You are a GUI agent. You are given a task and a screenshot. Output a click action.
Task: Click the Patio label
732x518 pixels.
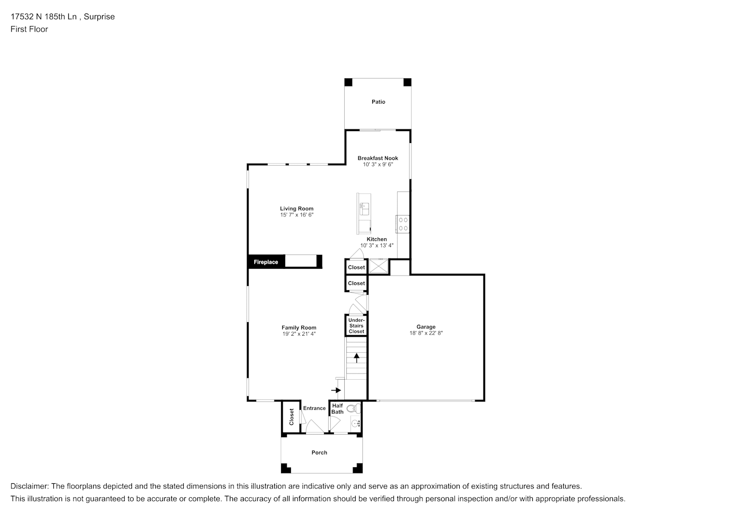click(x=378, y=102)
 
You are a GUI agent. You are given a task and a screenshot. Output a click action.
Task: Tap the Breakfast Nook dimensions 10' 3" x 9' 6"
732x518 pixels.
click(x=378, y=164)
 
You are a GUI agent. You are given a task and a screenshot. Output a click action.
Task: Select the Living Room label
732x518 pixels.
click(x=297, y=208)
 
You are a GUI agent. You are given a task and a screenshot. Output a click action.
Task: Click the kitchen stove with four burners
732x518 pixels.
click(x=403, y=224)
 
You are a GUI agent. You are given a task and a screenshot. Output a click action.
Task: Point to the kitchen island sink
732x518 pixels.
click(x=364, y=209)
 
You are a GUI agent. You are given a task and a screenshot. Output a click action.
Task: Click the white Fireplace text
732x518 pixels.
click(x=266, y=262)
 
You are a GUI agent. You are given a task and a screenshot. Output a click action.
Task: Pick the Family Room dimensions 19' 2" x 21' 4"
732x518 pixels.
click(x=299, y=334)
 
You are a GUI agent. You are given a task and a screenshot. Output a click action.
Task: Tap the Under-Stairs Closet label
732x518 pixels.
click(x=356, y=326)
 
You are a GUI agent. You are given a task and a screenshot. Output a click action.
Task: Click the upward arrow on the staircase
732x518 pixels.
click(x=356, y=358)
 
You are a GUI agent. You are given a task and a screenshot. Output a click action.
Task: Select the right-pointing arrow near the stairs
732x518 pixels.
click(x=336, y=390)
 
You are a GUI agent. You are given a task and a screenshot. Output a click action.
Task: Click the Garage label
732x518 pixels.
click(x=426, y=327)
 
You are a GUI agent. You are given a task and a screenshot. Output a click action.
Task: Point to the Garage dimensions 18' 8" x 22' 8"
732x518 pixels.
click(x=426, y=333)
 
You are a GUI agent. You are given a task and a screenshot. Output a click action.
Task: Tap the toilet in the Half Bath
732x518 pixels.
click(x=354, y=409)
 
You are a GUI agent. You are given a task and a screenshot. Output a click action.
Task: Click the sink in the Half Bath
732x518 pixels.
click(x=355, y=424)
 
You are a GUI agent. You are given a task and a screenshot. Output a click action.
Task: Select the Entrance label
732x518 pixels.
click(x=314, y=408)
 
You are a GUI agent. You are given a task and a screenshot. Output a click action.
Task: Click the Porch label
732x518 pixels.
click(x=319, y=452)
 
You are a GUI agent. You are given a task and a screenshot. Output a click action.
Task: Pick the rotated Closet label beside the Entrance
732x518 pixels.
click(x=291, y=417)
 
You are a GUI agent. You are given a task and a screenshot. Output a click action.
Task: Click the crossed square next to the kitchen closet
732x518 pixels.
click(x=378, y=266)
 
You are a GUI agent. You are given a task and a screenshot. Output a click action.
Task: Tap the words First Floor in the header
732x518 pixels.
click(x=29, y=29)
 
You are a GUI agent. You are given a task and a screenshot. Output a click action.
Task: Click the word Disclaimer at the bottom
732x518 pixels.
click(x=30, y=486)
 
